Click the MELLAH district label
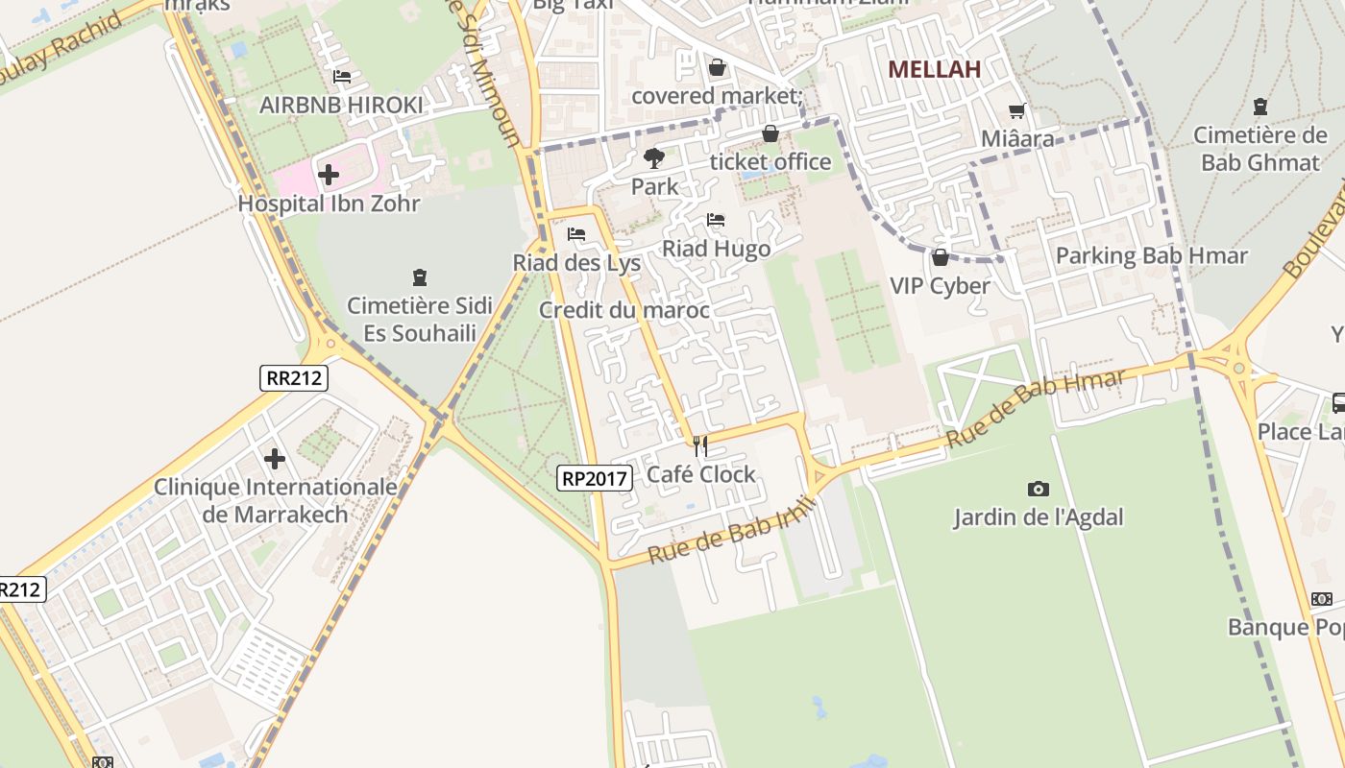934,69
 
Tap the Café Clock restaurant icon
700,445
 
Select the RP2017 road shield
595,477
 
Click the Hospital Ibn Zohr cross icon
329,175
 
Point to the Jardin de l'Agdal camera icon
1038,489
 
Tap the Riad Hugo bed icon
716,220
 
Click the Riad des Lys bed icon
576,233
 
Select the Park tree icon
654,157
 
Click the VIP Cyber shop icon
940,257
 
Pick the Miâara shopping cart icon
1017,110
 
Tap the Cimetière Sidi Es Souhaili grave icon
419,277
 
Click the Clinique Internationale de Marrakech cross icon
275,459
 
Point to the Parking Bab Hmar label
1151,256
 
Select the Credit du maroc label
624,310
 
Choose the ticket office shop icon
770,133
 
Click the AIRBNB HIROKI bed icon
341,76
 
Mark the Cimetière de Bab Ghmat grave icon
1260,107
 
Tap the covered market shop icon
717,67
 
